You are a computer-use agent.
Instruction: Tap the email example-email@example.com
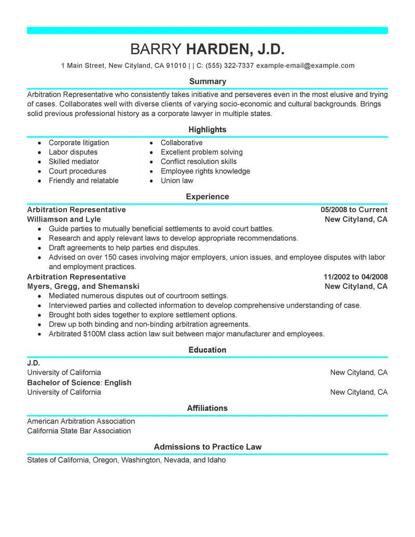(306, 66)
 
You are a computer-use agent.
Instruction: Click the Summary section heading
(208, 81)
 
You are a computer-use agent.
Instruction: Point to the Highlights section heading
(208, 129)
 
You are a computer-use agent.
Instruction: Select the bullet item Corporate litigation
(79, 143)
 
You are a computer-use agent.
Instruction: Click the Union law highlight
(177, 181)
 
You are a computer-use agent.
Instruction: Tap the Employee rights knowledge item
(205, 171)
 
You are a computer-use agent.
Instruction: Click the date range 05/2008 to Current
(354, 210)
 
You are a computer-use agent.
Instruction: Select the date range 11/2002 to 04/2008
(355, 277)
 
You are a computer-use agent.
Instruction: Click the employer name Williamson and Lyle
(64, 219)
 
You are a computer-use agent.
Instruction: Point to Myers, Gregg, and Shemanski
(83, 286)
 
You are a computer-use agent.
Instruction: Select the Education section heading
(208, 350)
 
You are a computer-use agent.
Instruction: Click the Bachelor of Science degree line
(79, 382)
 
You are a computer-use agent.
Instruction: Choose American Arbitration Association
(81, 421)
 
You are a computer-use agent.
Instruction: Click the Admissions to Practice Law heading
(208, 447)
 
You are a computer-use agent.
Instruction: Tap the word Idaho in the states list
(216, 460)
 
